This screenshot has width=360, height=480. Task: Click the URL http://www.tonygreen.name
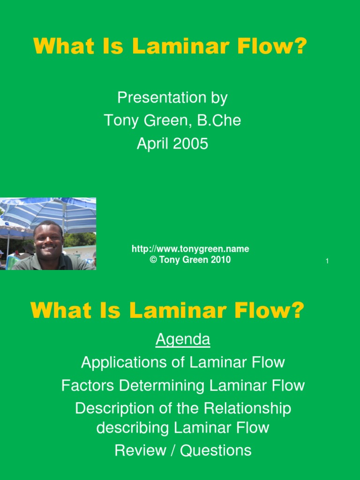coord(190,249)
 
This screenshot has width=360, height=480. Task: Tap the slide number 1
coord(327,261)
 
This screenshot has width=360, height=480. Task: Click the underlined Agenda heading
coord(183,339)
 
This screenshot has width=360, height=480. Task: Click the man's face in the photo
coord(48,239)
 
